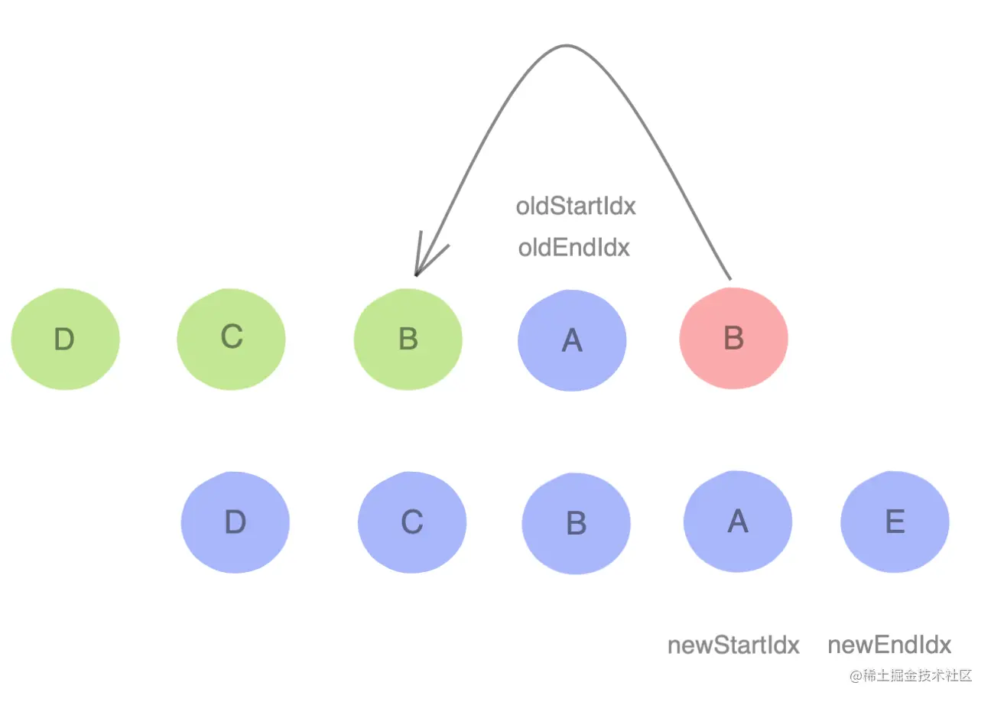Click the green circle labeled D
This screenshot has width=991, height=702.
pos(65,339)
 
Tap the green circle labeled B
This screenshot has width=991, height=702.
pos(408,339)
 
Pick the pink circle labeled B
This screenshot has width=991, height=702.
pos(733,339)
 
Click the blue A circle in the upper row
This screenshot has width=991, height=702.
pos(572,340)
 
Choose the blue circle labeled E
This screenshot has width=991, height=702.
pos(895,522)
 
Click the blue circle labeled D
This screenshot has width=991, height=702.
pos(236,522)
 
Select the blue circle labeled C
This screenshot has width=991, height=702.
pos(412,522)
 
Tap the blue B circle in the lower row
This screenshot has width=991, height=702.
pos(577,524)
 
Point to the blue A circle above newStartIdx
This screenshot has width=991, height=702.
pos(738,522)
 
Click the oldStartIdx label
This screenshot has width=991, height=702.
pos(576,206)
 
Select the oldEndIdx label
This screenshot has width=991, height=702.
pos(573,248)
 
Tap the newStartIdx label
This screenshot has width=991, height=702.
pos(733,645)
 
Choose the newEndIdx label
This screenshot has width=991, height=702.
pos(889,645)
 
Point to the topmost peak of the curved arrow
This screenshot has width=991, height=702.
pos(566,46)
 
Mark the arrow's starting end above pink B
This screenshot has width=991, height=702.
pos(730,278)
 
